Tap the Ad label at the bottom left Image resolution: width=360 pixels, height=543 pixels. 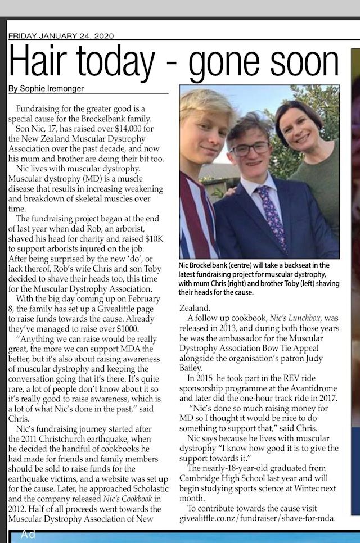28,535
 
